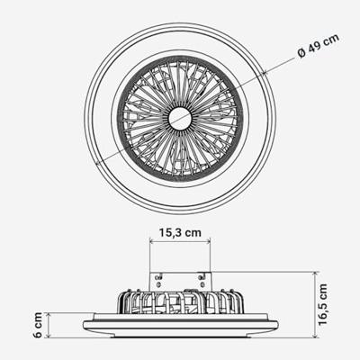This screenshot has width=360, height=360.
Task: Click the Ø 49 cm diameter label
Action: [x=318, y=46]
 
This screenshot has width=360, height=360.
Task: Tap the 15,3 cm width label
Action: [x=180, y=232]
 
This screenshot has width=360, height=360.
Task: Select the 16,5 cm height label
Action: [x=323, y=305]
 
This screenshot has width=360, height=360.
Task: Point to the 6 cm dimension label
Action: [x=38, y=325]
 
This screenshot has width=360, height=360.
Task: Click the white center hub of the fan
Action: [x=180, y=119]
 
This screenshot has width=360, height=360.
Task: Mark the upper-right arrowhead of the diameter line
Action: [x=265, y=72]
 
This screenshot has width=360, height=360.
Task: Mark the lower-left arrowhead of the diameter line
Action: [x=96, y=164]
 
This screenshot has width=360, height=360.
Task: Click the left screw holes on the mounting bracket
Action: [x=158, y=280]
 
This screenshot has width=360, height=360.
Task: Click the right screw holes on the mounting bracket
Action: [x=202, y=280]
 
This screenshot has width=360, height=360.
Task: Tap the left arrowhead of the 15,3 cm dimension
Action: [x=151, y=240]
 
